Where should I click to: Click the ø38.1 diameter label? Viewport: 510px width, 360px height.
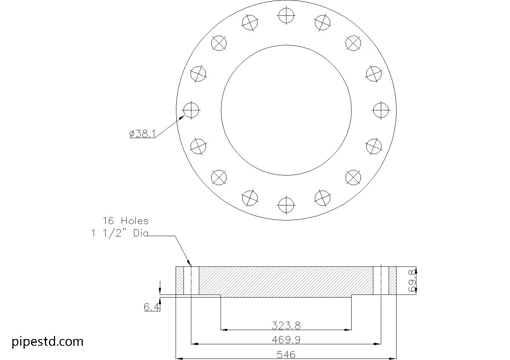pos(142,134)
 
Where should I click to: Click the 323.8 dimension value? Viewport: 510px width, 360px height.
pos(286,325)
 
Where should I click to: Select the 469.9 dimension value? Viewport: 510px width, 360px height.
pos(286,339)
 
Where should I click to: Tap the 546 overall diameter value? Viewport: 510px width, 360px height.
pos(286,354)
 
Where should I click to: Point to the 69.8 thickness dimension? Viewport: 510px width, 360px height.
pos(412,281)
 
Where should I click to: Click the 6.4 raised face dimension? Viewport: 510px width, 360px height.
pos(152,307)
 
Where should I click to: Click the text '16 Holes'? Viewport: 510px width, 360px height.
pos(125,221)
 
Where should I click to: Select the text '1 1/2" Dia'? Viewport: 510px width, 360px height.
pos(120,234)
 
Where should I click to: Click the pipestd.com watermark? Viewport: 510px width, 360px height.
pos(48,341)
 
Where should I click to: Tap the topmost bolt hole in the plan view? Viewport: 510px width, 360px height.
pos(286,15)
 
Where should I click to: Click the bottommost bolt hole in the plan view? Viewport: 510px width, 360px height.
pos(286,205)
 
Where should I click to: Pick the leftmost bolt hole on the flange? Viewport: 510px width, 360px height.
pos(191,110)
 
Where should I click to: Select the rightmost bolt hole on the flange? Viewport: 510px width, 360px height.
pos(381,110)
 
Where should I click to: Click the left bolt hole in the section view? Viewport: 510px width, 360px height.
pos(191,281)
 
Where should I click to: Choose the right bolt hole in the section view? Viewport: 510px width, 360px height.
pos(381,281)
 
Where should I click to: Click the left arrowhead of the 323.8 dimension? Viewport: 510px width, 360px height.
pos(224,330)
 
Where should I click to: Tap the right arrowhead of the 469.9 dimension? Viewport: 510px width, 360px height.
pos(378,344)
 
